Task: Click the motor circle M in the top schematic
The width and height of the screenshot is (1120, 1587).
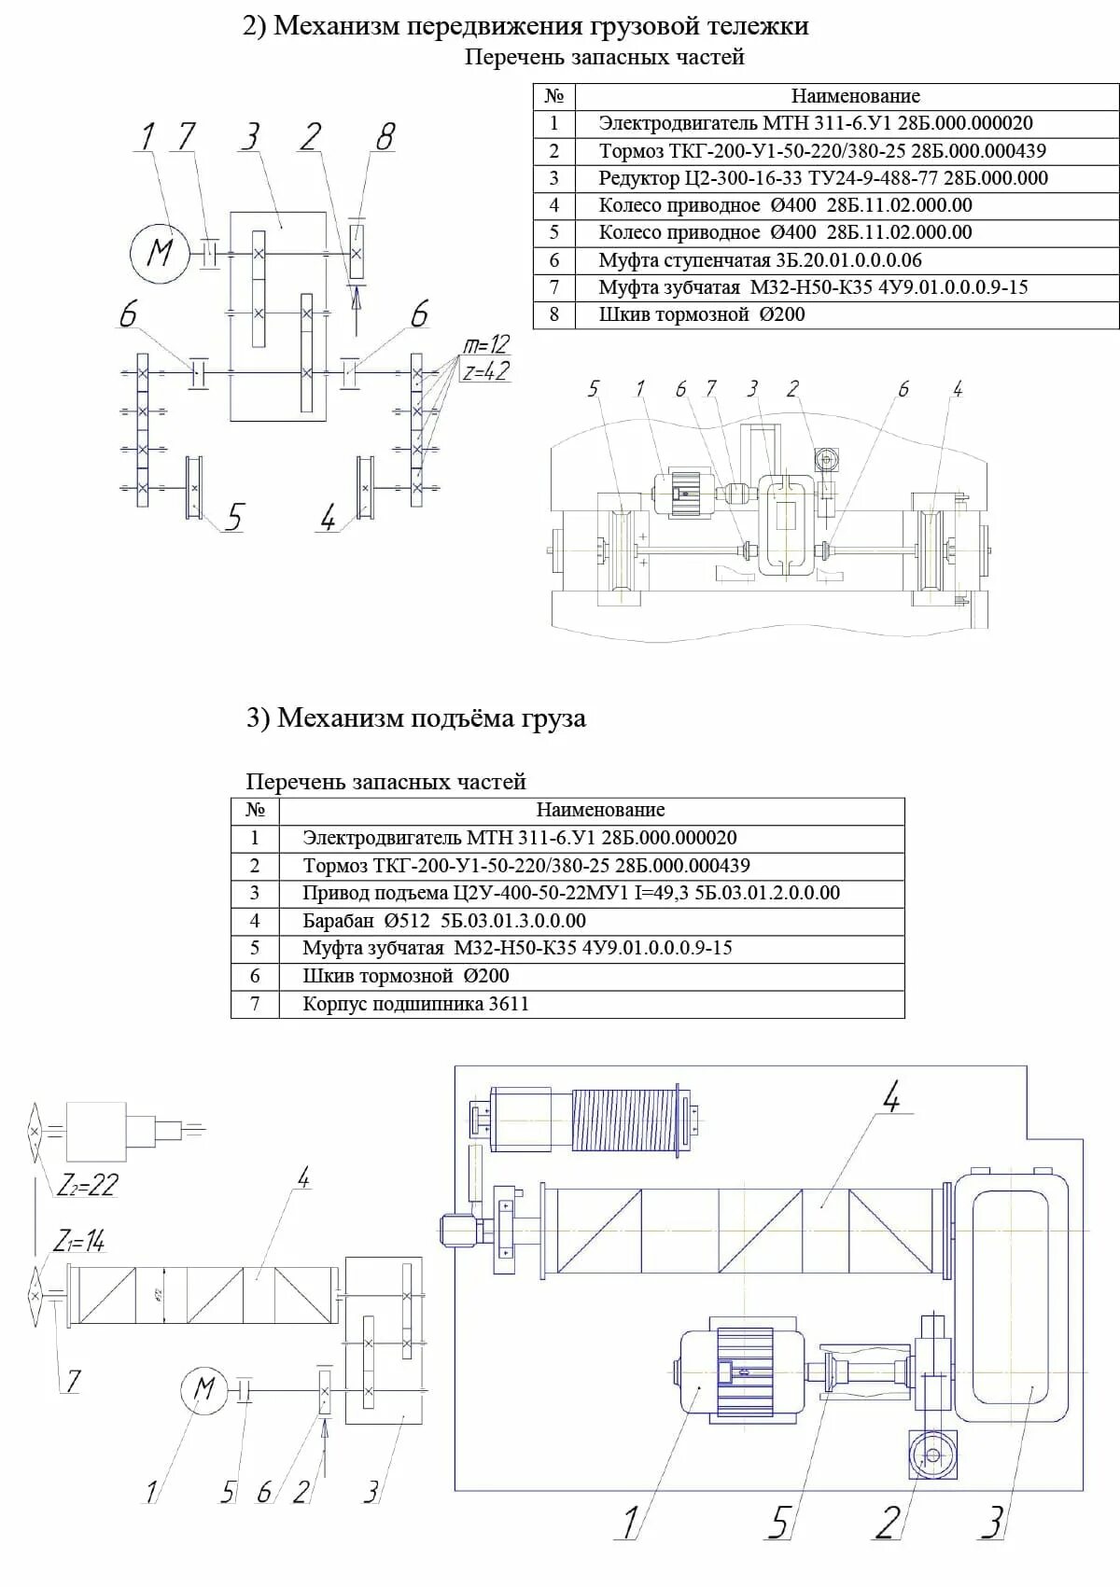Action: click(x=161, y=252)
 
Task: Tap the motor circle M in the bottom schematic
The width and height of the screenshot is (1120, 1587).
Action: click(x=204, y=1389)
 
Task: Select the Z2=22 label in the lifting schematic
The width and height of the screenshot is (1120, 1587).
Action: click(x=87, y=1185)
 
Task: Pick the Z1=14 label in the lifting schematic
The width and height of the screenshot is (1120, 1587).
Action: click(x=79, y=1241)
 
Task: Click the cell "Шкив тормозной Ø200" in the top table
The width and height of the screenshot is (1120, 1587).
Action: click(x=702, y=314)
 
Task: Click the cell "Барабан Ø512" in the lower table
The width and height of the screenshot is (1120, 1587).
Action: click(x=444, y=921)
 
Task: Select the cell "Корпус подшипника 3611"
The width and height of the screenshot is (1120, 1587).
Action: click(x=415, y=1004)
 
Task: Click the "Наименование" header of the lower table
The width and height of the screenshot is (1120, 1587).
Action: click(x=600, y=810)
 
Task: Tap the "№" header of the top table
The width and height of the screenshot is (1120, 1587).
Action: click(x=554, y=96)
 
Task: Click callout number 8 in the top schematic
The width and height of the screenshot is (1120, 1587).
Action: click(x=385, y=137)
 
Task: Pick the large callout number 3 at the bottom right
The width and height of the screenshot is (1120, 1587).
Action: click(x=992, y=1522)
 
